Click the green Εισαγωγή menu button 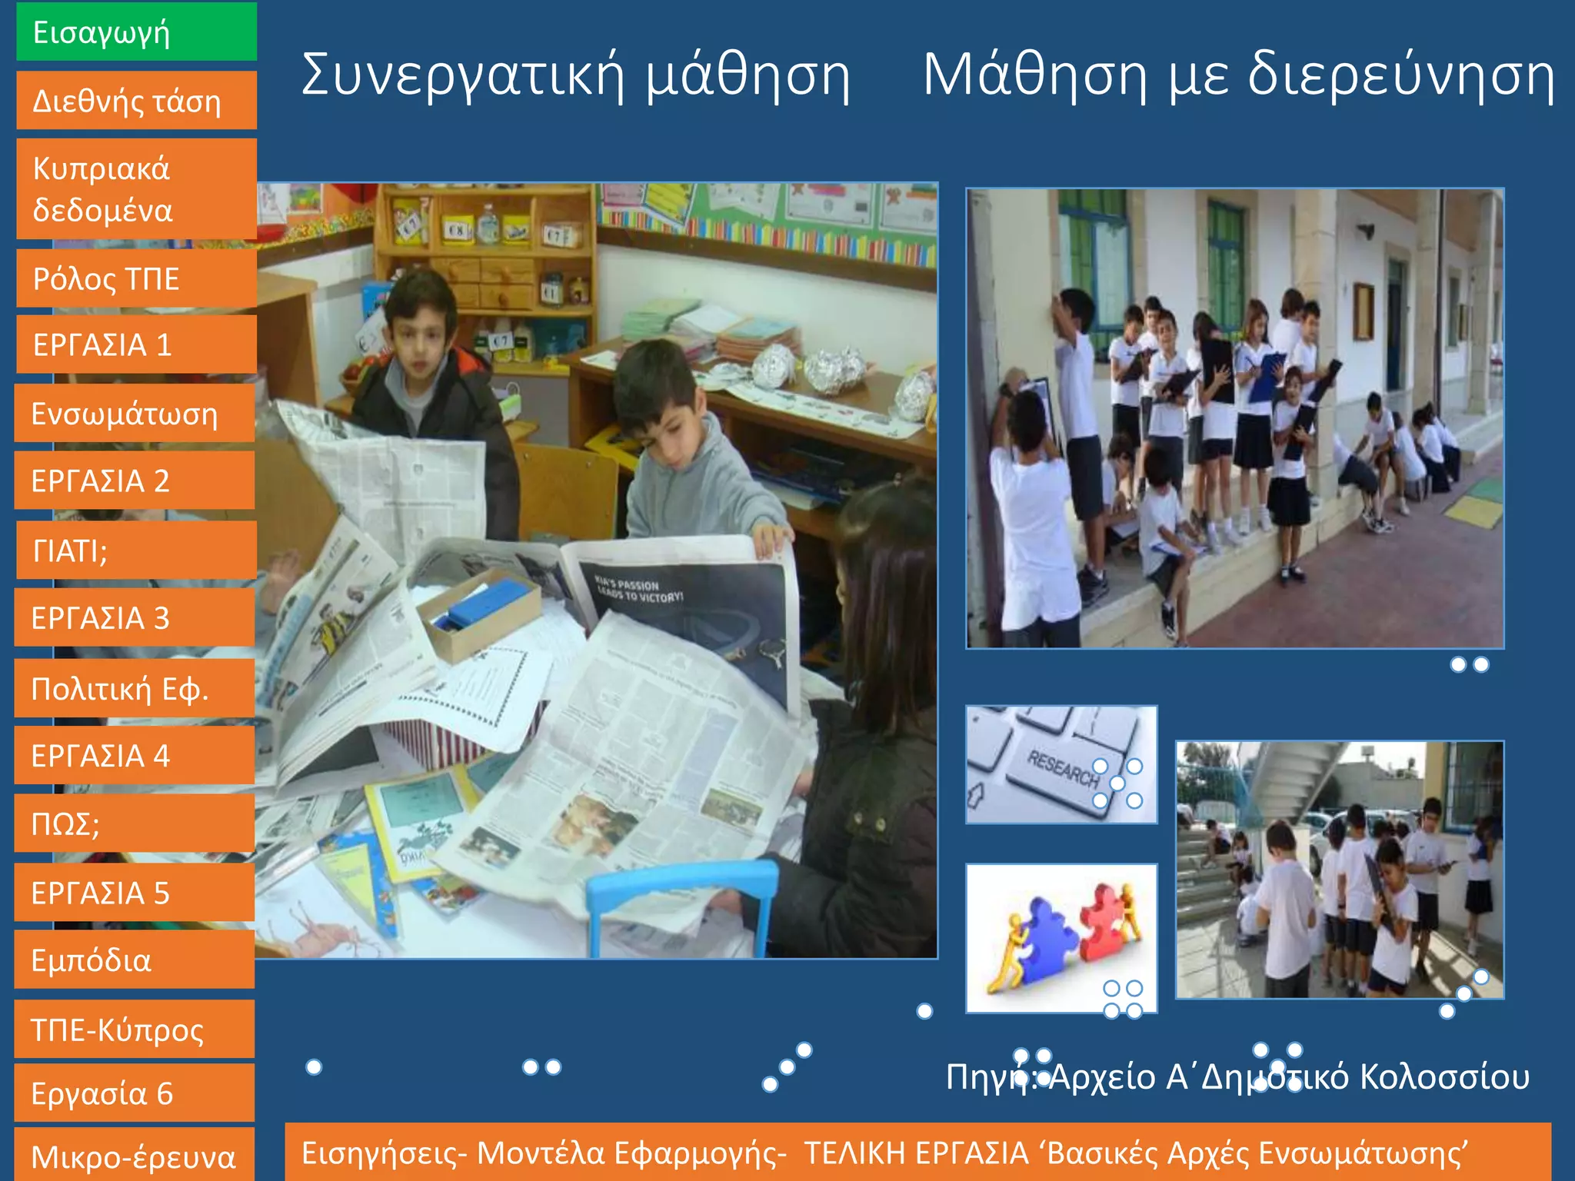click(x=136, y=32)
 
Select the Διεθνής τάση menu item click(x=136, y=101)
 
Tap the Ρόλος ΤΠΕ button click(x=136, y=279)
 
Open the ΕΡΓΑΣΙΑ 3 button click(x=135, y=618)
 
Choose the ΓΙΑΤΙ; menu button click(x=136, y=551)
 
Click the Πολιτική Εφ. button click(x=135, y=689)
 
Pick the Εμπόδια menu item click(x=135, y=960)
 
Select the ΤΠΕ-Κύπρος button click(x=135, y=1030)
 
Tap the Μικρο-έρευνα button click(x=135, y=1156)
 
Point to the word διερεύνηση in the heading click(x=1400, y=76)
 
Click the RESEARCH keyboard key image click(x=1061, y=765)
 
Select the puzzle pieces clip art click(x=1061, y=938)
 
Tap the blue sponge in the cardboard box click(x=488, y=604)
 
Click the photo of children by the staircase click(x=1340, y=870)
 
